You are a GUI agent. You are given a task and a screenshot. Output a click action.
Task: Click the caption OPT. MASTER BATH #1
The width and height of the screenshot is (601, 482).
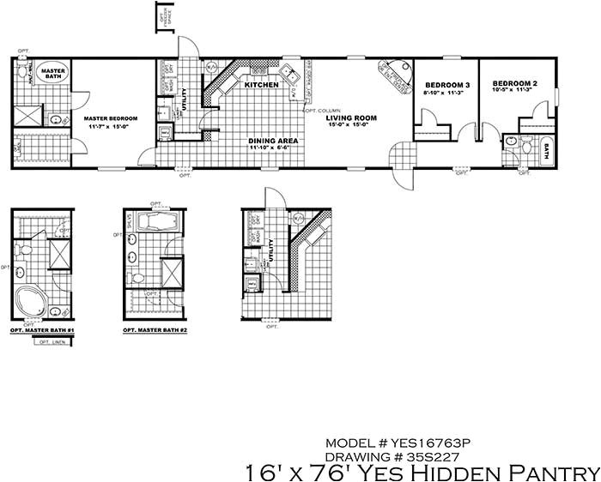[43, 329]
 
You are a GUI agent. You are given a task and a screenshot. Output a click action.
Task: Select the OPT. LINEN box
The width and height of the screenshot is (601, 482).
[51, 342]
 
